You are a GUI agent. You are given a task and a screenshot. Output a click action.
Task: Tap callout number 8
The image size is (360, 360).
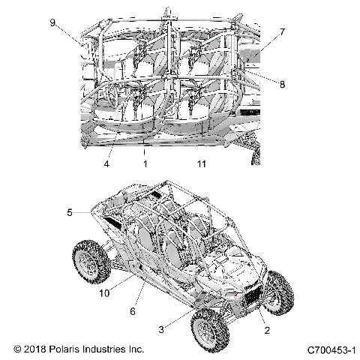click(x=282, y=85)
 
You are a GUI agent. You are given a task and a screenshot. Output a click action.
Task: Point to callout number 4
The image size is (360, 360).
click(x=85, y=162)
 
